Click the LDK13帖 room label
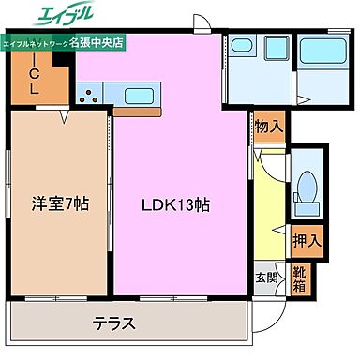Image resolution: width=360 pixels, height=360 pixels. click(175, 203)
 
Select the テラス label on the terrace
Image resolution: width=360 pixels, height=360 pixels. click(114, 324)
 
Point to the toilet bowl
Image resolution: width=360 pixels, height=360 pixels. click(306, 188)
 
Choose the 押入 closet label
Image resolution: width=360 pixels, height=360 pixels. click(306, 241)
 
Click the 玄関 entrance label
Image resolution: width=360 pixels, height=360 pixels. click(266, 277)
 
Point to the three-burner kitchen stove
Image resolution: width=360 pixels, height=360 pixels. click(92, 95)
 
